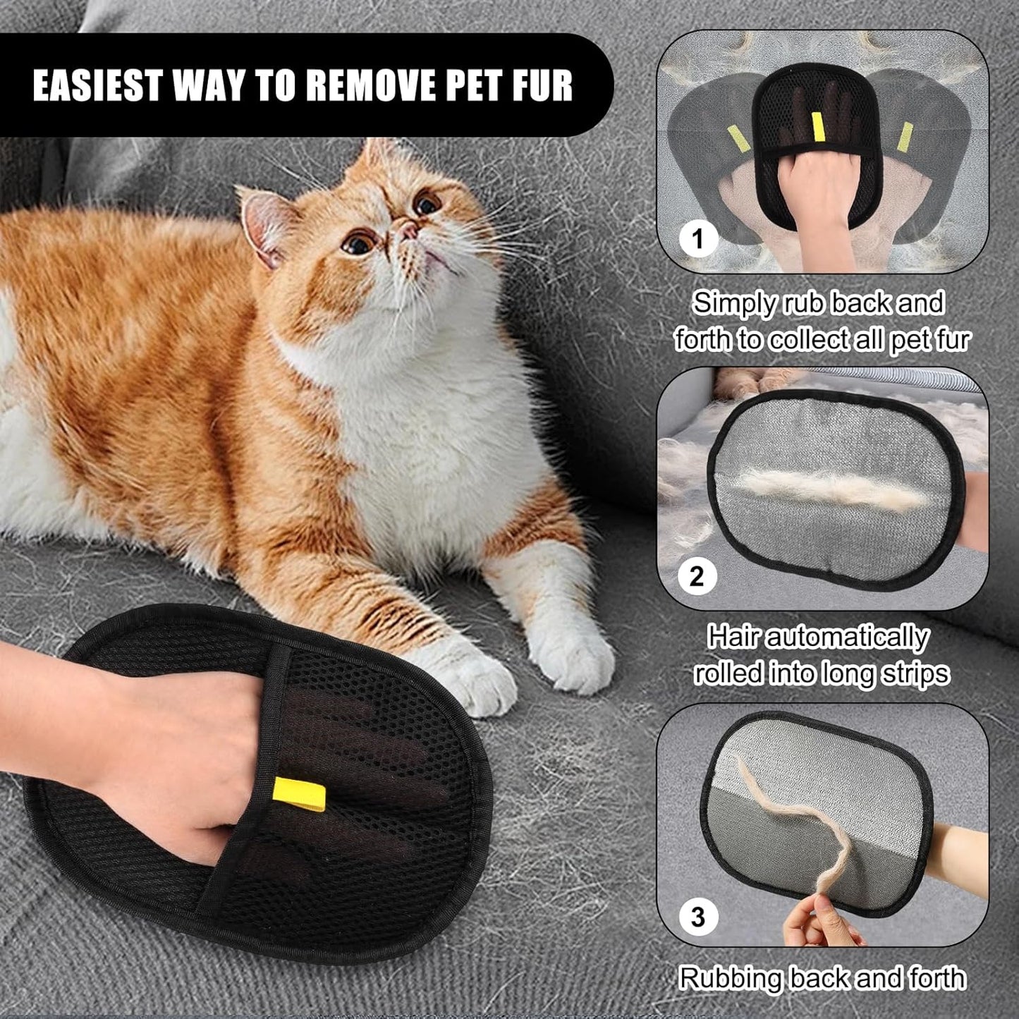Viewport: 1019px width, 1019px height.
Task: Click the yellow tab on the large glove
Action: pos(299,794)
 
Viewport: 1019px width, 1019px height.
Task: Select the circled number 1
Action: pos(697,240)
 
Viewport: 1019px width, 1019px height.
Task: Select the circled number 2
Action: pos(697,576)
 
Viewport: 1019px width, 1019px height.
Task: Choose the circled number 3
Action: pos(697,917)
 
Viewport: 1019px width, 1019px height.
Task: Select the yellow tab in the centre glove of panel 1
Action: pos(818,126)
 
